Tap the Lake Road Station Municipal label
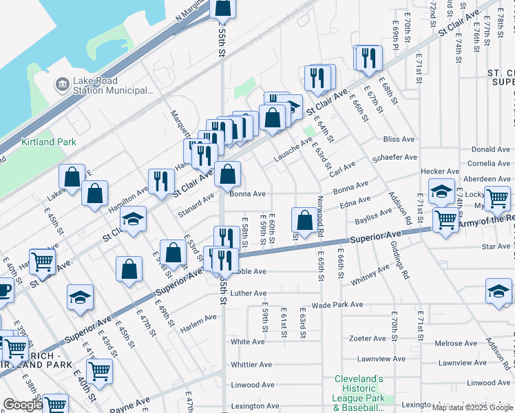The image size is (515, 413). (x=113, y=85)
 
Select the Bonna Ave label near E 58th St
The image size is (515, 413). (x=248, y=194)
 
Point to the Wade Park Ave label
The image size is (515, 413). (x=337, y=304)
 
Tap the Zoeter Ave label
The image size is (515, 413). (x=368, y=339)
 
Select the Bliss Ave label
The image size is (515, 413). (x=399, y=139)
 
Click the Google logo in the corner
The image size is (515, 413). (x=22, y=405)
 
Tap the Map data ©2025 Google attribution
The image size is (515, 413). (x=472, y=407)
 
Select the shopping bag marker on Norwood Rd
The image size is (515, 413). (x=304, y=220)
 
